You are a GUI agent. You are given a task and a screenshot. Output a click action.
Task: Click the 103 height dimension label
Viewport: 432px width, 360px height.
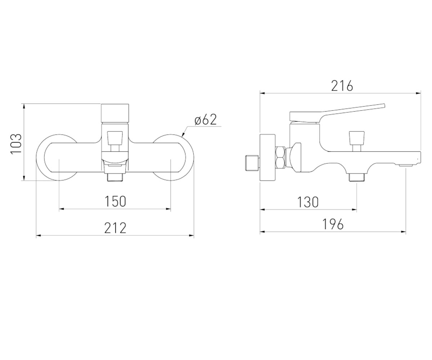[x=16, y=143]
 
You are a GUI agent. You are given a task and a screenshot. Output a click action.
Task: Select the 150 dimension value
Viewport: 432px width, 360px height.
[x=115, y=201]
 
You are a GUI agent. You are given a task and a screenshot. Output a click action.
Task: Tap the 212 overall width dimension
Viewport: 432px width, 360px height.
[x=115, y=228]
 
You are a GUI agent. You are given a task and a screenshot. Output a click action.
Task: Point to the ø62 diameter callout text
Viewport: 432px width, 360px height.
[x=206, y=120]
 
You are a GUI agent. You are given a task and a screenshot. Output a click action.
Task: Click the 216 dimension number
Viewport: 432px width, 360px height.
[x=342, y=86]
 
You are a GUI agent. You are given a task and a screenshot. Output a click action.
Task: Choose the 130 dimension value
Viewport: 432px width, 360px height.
[x=308, y=202]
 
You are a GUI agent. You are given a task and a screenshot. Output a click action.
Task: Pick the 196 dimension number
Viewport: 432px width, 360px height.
[x=333, y=224]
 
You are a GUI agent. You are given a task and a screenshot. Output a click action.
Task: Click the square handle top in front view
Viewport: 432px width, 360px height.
[x=115, y=114]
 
